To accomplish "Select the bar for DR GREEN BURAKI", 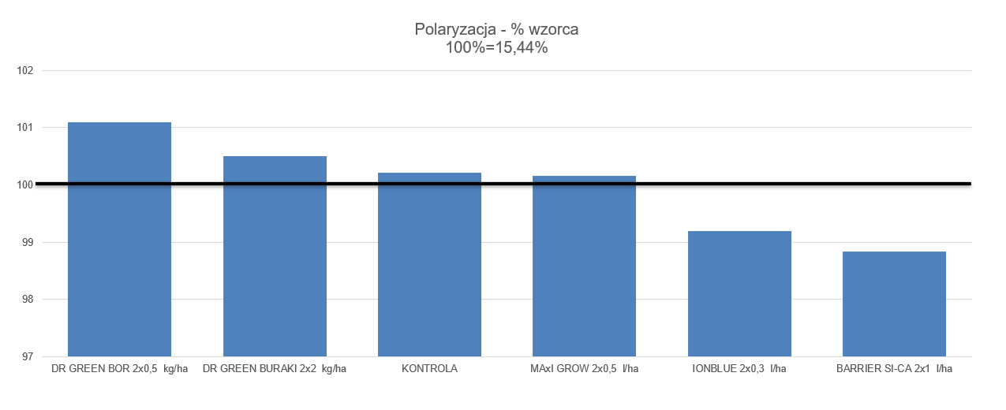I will point(275,256).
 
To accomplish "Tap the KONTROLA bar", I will point(429,264).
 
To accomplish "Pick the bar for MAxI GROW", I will point(584,266).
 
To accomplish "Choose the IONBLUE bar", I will point(739,293).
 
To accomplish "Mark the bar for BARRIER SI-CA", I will point(894,304).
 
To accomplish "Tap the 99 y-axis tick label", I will point(27,243).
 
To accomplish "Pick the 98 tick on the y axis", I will point(27,300).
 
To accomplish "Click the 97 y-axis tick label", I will point(27,357).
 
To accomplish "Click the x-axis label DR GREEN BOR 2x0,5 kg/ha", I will point(119,368).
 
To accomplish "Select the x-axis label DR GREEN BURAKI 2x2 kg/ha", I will point(275,368).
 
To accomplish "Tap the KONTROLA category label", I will point(429,368).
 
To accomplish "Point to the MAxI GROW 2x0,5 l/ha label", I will point(584,368).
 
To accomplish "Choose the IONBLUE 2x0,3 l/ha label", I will point(739,368).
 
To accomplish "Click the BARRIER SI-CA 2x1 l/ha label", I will point(894,368).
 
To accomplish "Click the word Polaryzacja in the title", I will point(454,30).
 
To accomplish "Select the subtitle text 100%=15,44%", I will point(497,47).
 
